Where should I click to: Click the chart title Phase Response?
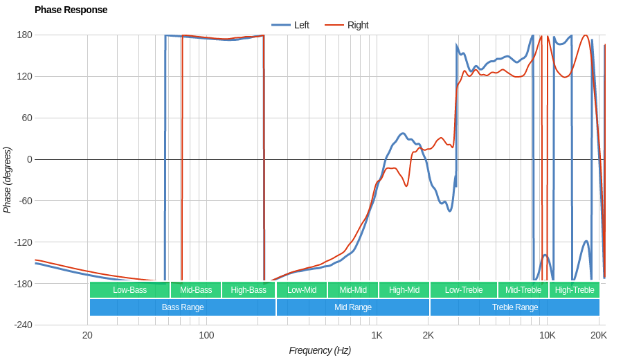pyautogui.click(x=71, y=10)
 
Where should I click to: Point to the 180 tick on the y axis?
pyautogui.click(x=25, y=35)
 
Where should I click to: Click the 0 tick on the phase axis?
pyautogui.click(x=30, y=159)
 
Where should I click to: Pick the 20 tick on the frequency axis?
pyautogui.click(x=87, y=335)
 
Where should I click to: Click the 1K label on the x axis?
pyautogui.click(x=377, y=335)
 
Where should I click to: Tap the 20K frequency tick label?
pyautogui.click(x=598, y=335)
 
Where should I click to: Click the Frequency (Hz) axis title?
pyautogui.click(x=320, y=350)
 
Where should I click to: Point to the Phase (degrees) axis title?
pyautogui.click(x=8, y=180)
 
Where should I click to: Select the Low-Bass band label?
pyautogui.click(x=129, y=290)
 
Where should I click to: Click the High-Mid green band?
pyautogui.click(x=404, y=290)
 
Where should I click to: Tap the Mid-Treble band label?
pyautogui.click(x=523, y=290)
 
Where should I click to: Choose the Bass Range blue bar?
pyautogui.click(x=183, y=307)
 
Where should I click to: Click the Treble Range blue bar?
pyautogui.click(x=515, y=307)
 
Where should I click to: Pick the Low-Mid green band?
pyautogui.click(x=302, y=290)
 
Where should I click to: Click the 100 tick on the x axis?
pyautogui.click(x=206, y=335)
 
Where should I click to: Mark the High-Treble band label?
pyautogui.click(x=575, y=290)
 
